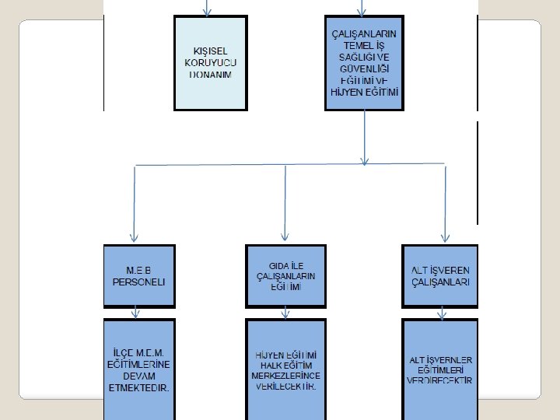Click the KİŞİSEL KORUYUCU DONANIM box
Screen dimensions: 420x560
pyautogui.click(x=209, y=62)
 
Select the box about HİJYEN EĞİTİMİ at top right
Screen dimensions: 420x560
pyautogui.click(x=363, y=62)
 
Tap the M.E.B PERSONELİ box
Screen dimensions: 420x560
pyautogui.click(x=139, y=275)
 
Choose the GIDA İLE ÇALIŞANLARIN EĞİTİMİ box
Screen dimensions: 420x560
pyautogui.click(x=285, y=275)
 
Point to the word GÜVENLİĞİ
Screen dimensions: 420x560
pyautogui.click(x=364, y=68)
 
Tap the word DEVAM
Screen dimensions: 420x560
pyautogui.click(x=140, y=376)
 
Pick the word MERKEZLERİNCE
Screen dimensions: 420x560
pyautogui.click(x=286, y=376)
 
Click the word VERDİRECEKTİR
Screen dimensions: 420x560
pyautogui.click(x=440, y=380)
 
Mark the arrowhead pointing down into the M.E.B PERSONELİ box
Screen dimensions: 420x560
pyautogui.click(x=134, y=236)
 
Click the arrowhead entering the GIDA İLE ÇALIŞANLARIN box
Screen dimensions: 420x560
pyautogui.click(x=285, y=236)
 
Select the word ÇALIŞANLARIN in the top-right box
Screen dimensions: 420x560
pyautogui.click(x=364, y=34)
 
